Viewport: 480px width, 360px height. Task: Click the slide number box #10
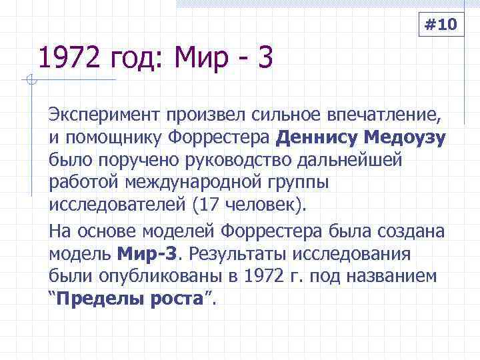pos(441,26)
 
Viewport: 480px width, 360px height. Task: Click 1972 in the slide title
pos(64,59)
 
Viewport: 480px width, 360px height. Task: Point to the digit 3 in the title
pos(265,59)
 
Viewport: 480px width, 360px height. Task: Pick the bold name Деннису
pos(317,139)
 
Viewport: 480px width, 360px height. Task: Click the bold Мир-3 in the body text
pos(151,254)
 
